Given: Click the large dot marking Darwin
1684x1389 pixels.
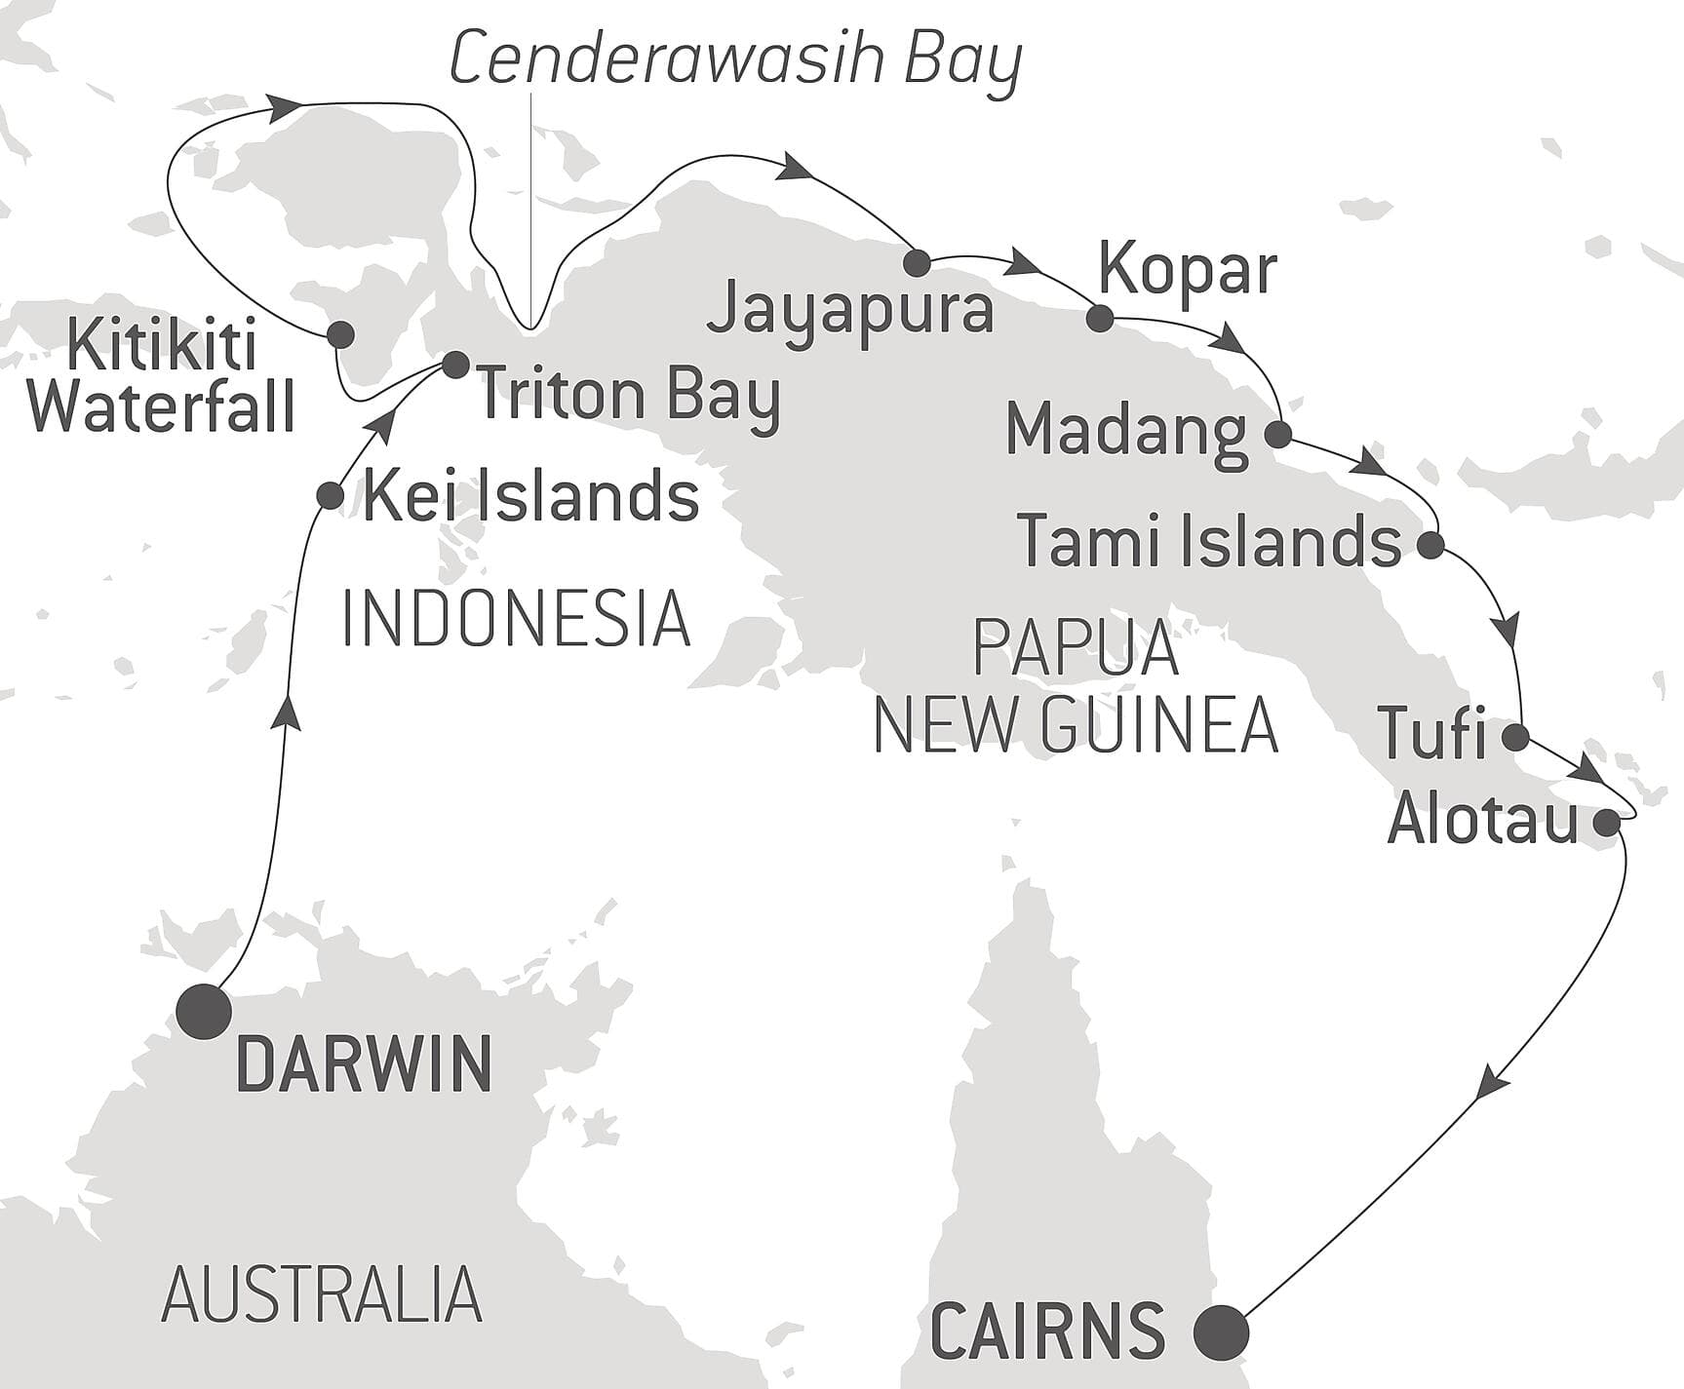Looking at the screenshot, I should [205, 1012].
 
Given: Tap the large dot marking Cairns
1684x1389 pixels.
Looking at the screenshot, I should [1222, 1331].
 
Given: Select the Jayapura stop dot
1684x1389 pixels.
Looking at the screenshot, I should [917, 262].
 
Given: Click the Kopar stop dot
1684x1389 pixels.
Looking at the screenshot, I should [1100, 318].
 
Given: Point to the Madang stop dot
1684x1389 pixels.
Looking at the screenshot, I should [1278, 434].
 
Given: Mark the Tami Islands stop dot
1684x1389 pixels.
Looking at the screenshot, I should [1430, 545].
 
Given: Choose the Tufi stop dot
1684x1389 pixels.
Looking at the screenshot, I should [1516, 737].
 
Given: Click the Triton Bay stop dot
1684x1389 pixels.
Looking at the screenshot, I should [455, 365].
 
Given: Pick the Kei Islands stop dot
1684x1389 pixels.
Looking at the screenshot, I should [331, 495].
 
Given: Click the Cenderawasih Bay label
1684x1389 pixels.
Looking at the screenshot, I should [735, 58].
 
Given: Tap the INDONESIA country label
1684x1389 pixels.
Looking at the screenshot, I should [516, 618].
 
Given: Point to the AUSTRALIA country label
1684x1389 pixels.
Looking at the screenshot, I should [322, 1294].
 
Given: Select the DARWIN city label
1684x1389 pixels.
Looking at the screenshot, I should [364, 1064].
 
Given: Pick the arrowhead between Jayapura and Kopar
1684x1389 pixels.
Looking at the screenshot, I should [1023, 261].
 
